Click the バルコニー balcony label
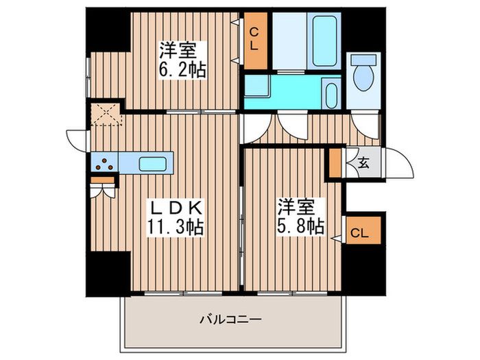pos(231,320)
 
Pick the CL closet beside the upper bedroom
pos(254,42)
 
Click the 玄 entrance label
pos(363,164)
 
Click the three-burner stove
pos(104,163)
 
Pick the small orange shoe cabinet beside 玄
pos(335,163)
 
